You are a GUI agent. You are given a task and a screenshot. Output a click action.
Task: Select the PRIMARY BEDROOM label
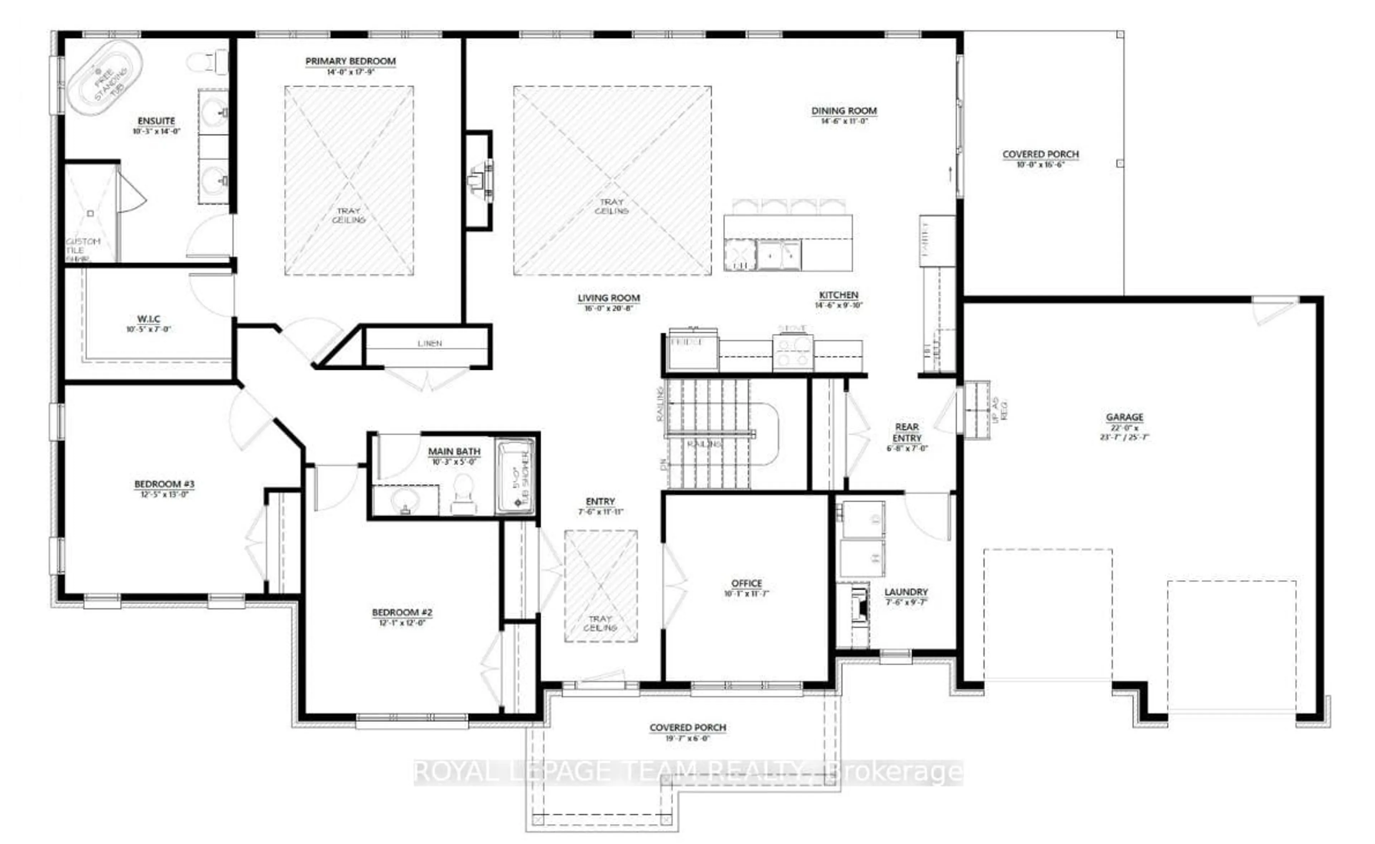(x=351, y=61)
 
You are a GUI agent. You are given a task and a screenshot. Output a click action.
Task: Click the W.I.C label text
(x=149, y=319)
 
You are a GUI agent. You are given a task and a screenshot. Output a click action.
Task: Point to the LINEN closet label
(x=430, y=343)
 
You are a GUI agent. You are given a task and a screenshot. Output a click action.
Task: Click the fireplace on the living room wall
(x=480, y=180)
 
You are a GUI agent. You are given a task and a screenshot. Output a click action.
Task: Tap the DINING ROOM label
(x=844, y=111)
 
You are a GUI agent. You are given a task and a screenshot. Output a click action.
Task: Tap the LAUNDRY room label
(x=906, y=592)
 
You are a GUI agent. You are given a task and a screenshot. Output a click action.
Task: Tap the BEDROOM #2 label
(x=402, y=612)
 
